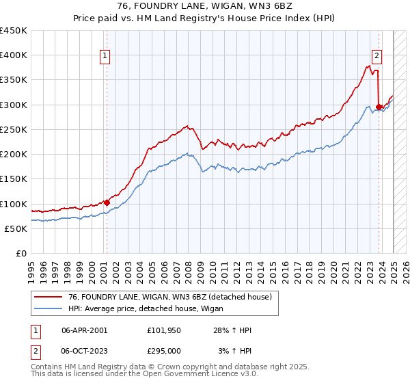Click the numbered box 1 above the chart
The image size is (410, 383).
pos(106,57)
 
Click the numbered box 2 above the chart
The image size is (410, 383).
pos(377,57)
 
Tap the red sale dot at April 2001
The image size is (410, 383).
pos(107,202)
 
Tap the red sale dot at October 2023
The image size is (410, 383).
pos(379,107)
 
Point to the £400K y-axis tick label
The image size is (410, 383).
pos(14,55)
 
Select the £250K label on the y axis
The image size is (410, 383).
pos(14,130)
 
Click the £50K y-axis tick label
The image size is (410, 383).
pos(16,229)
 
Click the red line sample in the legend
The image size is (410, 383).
pos(49,296)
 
